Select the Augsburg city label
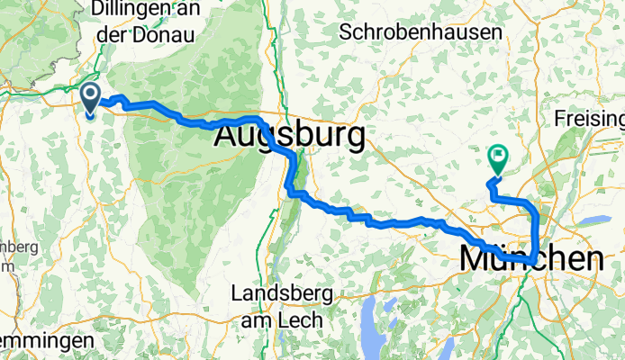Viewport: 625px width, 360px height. pyautogui.click(x=290, y=138)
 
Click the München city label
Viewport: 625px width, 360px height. pyautogui.click(x=531, y=258)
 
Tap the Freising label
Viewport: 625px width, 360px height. pyautogui.click(x=590, y=119)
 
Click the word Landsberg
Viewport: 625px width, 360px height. pyautogui.click(x=282, y=293)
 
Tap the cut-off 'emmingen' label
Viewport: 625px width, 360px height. pyautogui.click(x=45, y=343)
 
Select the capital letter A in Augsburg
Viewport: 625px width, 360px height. pyautogui.click(x=229, y=138)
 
